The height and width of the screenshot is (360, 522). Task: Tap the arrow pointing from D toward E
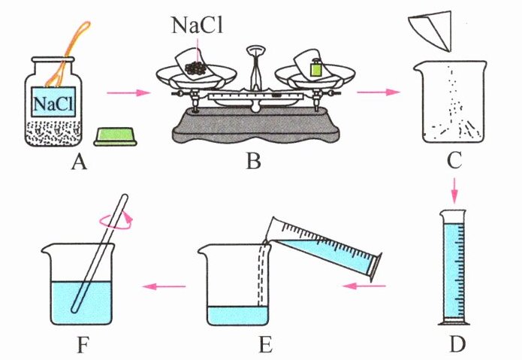click(x=365, y=286)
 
